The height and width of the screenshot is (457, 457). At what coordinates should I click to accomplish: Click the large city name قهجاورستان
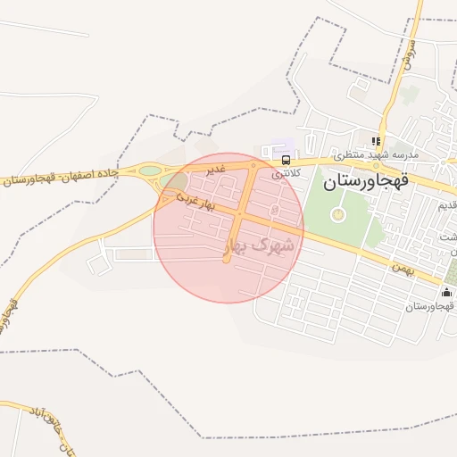pyautogui.click(x=364, y=183)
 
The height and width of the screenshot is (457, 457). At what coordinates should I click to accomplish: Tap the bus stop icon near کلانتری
pyautogui.click(x=286, y=161)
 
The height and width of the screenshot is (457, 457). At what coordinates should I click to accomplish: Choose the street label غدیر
pyautogui.click(x=218, y=168)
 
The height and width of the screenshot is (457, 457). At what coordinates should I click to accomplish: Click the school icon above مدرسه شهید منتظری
pyautogui.click(x=377, y=141)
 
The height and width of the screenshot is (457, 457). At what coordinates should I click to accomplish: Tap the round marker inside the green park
pyautogui.click(x=337, y=214)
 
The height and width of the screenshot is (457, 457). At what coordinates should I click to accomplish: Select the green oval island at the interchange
pyautogui.click(x=150, y=170)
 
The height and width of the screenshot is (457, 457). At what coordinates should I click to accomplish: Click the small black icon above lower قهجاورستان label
pyautogui.click(x=446, y=293)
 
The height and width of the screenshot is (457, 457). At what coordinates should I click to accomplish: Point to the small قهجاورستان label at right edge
pyautogui.click(x=430, y=306)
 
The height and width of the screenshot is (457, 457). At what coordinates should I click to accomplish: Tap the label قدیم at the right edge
pyautogui.click(x=447, y=206)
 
